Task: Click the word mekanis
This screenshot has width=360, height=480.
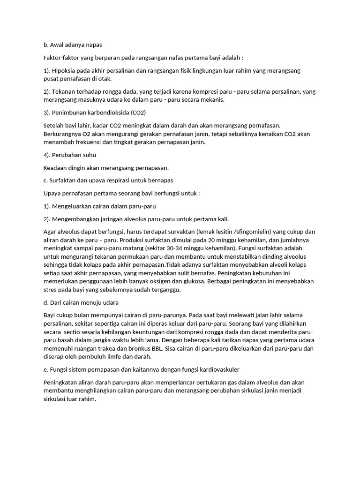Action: (213, 100)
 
